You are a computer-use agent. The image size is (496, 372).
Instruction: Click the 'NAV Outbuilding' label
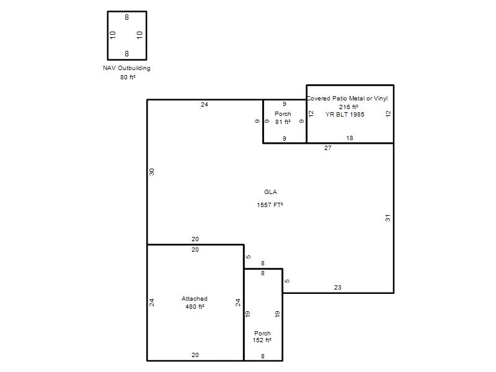[126, 68]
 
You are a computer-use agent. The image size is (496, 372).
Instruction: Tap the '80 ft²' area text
[128, 77]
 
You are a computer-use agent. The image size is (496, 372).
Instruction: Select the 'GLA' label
[270, 192]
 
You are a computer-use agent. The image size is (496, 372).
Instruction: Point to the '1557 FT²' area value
[270, 205]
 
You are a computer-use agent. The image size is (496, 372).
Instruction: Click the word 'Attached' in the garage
[195, 299]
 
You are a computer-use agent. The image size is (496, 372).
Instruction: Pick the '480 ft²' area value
[195, 307]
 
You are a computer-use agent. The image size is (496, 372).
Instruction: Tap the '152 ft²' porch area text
[262, 340]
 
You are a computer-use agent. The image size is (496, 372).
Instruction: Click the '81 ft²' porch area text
[283, 122]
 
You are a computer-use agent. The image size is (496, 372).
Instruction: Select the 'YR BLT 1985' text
[345, 115]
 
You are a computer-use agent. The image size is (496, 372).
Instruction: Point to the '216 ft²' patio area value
[348, 107]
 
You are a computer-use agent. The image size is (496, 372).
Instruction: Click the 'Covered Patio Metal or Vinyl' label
[347, 99]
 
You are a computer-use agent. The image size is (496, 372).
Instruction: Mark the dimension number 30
[152, 172]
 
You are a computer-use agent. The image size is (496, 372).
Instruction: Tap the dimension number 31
[388, 218]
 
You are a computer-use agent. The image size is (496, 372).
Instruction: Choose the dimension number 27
[328, 148]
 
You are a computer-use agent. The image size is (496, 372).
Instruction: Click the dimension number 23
[337, 288]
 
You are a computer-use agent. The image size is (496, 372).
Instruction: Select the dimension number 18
[350, 138]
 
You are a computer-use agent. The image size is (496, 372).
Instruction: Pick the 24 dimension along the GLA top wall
[205, 105]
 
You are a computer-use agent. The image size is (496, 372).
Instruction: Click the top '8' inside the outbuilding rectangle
[127, 17]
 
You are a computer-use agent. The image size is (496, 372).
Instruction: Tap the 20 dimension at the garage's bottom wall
[195, 355]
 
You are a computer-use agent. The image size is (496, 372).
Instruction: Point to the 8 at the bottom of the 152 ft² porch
[262, 356]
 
